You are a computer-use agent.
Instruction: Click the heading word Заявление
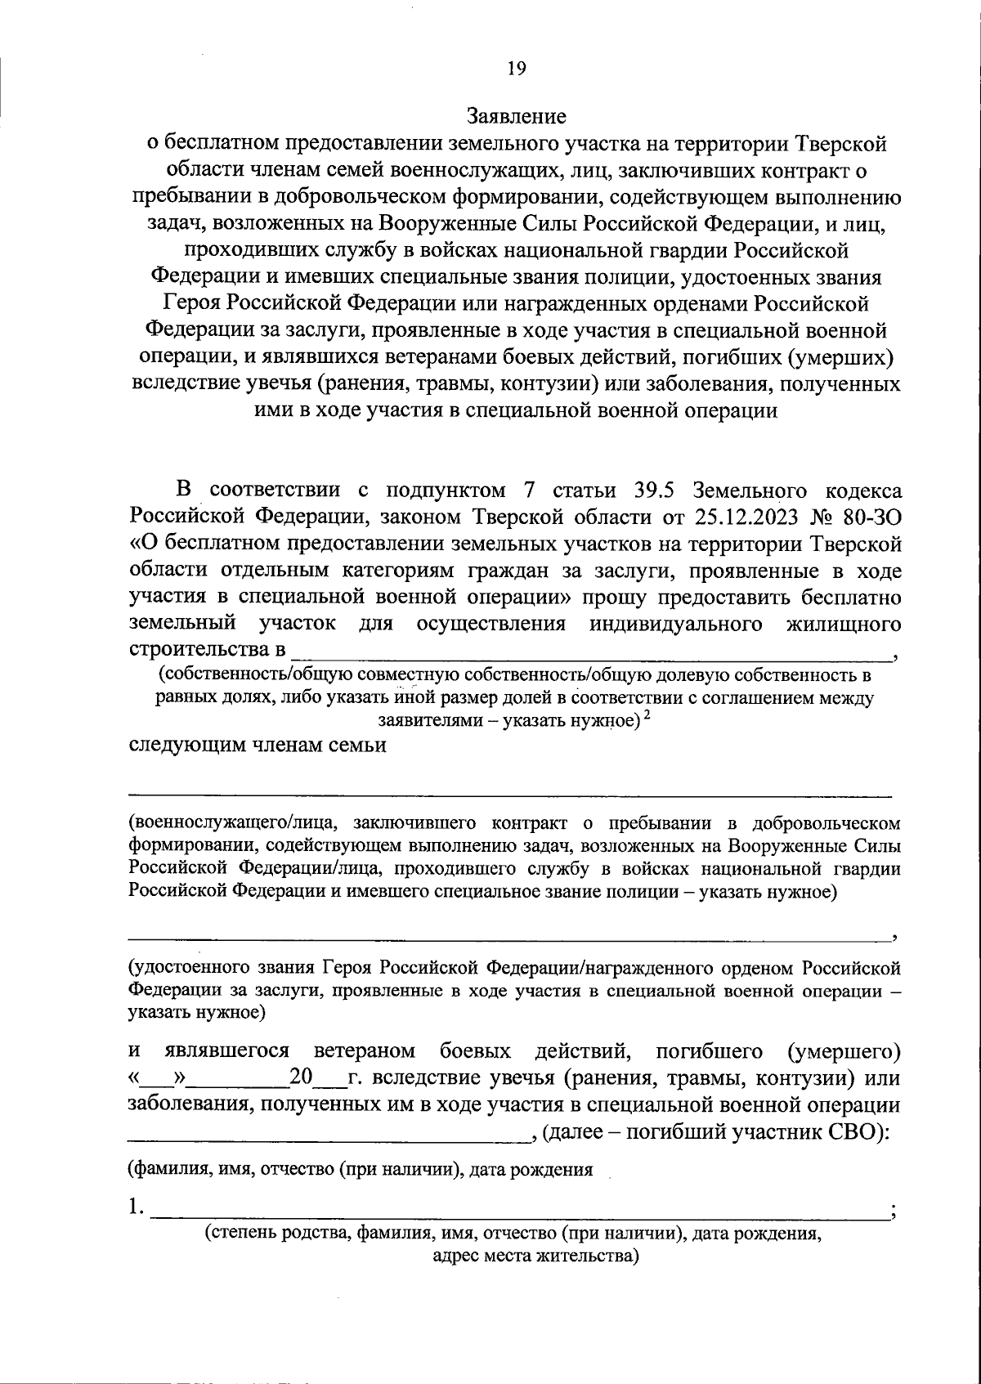(516, 115)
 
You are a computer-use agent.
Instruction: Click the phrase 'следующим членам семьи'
(258, 746)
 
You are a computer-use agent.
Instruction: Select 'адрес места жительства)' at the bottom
(535, 1256)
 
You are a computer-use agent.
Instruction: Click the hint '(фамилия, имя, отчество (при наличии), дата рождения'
(360, 1169)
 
